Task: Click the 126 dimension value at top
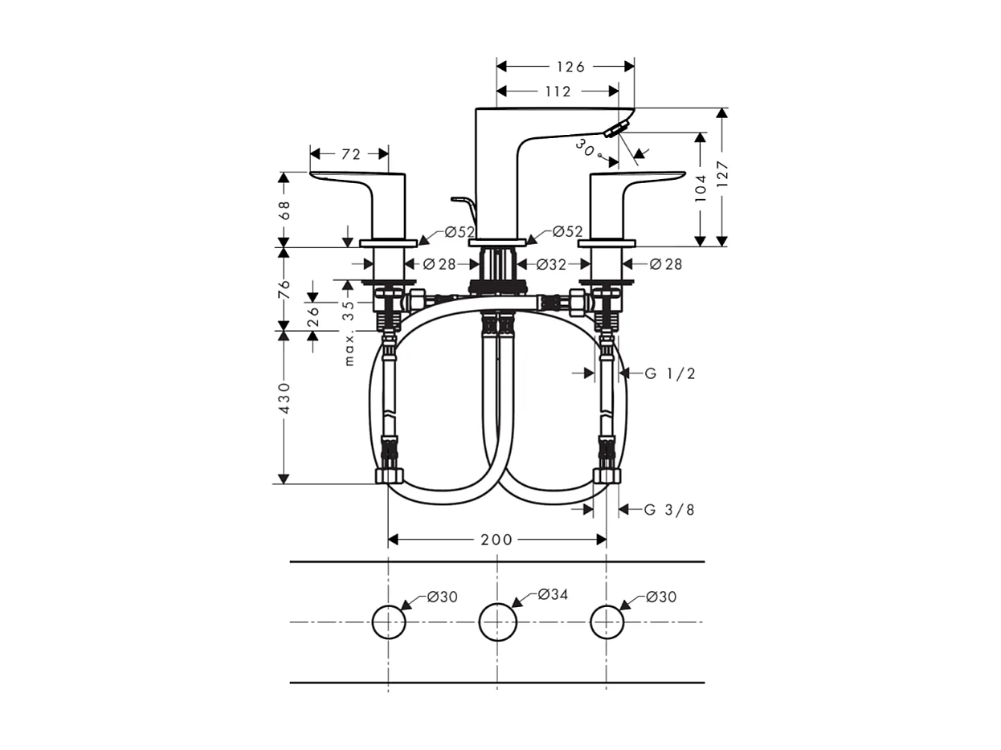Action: tap(570, 67)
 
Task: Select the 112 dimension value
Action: tap(558, 92)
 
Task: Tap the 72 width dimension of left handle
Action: tap(351, 154)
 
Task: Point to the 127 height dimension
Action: tap(722, 177)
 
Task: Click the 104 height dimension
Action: tap(701, 189)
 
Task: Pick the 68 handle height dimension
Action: tap(284, 210)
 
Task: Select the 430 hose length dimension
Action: tap(284, 398)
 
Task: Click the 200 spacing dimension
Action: tap(496, 540)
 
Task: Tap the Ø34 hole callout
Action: tap(553, 595)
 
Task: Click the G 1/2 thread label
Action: tap(669, 373)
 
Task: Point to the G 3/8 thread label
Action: tap(669, 510)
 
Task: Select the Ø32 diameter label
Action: tap(551, 264)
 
